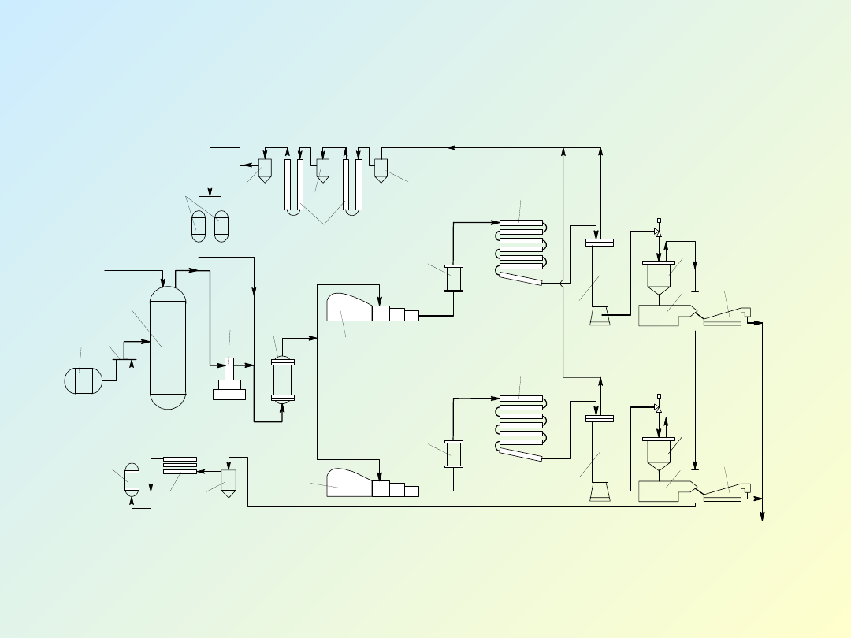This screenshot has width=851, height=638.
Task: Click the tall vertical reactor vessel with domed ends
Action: coord(168,347)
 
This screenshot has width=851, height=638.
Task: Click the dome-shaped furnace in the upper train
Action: coord(349,308)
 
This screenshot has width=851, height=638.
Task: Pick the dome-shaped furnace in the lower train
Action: coord(349,483)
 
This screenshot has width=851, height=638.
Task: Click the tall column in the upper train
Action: coord(600,276)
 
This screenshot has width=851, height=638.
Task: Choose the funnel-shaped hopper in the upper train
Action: coord(658,276)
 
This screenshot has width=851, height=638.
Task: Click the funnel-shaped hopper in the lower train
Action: coord(658,452)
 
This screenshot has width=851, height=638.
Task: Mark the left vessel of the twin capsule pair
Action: coord(199,226)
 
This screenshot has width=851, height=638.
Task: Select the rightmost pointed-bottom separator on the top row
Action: coord(381,169)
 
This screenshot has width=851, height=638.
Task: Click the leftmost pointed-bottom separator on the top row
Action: coord(265,169)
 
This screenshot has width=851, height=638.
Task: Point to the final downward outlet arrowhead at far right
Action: coord(762,515)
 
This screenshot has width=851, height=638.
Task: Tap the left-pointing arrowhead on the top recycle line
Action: coord(450,147)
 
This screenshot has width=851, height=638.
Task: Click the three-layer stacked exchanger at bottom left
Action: coord(179,466)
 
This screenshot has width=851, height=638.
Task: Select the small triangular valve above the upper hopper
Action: coord(658,232)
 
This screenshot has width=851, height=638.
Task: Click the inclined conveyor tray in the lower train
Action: coord(723,494)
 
